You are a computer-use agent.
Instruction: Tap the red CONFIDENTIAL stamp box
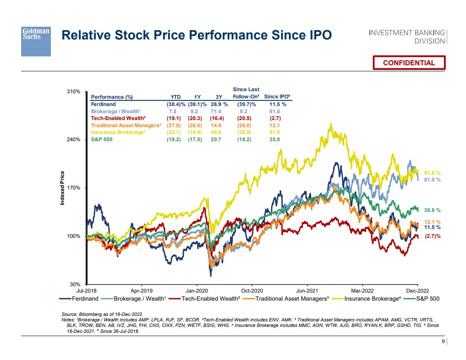(409, 63)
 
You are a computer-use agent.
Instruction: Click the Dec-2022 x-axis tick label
(418, 291)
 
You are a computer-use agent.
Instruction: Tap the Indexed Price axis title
(62, 188)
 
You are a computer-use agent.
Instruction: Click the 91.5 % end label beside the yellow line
(433, 173)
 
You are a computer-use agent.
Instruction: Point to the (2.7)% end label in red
(433, 236)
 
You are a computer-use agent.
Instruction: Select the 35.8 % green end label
(433, 210)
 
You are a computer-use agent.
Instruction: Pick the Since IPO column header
(275, 97)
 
